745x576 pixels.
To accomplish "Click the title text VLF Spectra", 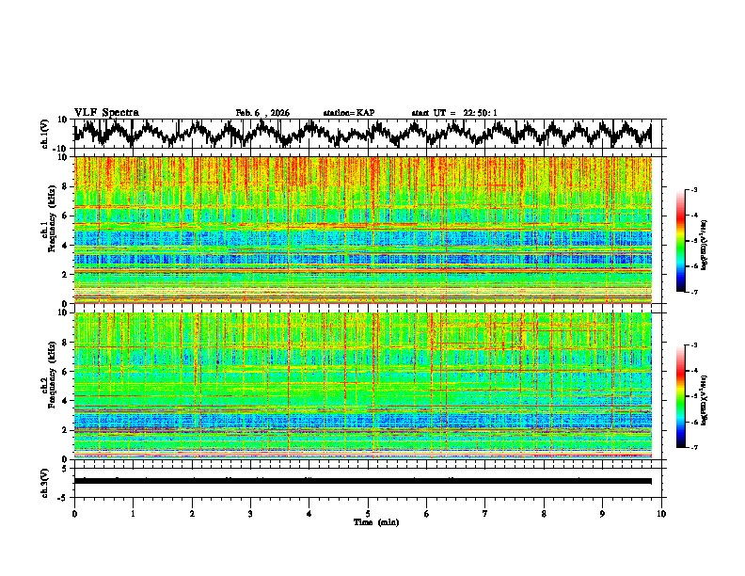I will click(x=106, y=112).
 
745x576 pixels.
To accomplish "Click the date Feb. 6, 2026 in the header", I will click(x=262, y=113).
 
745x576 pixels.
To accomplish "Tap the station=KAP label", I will click(x=348, y=113).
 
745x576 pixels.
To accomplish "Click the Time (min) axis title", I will click(x=375, y=521).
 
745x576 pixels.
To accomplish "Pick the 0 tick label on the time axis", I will click(x=74, y=513).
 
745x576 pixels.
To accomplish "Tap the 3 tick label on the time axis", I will click(x=250, y=513).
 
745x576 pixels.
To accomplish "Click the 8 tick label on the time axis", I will click(x=544, y=513).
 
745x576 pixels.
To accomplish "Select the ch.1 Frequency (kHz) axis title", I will click(x=47, y=230).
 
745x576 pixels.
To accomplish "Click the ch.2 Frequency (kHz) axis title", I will click(x=47, y=385).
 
